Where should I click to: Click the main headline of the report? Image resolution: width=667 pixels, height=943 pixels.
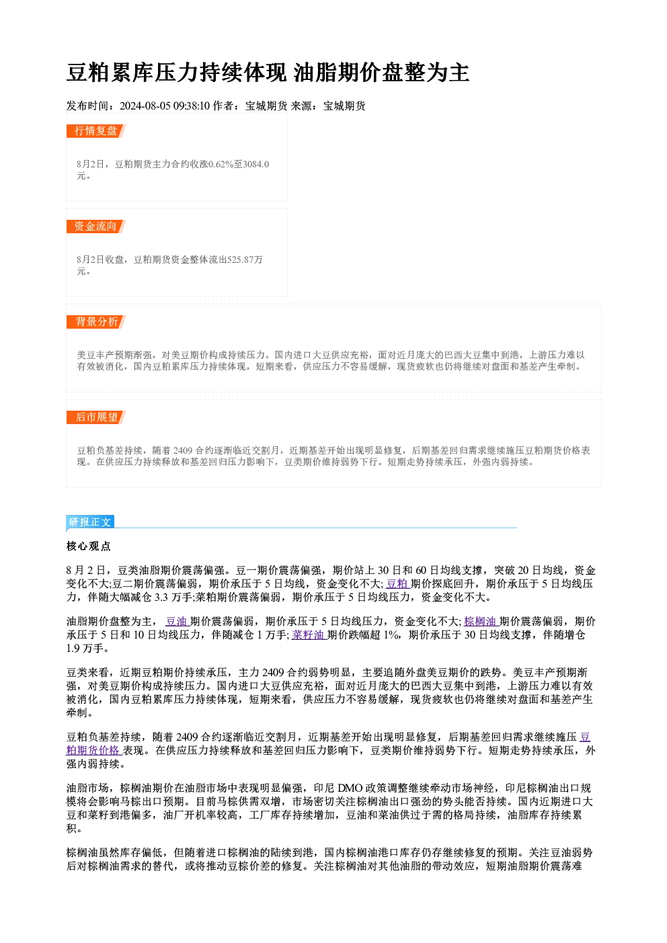[x=268, y=73]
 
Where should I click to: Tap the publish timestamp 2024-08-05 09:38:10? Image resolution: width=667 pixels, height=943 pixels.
[x=165, y=106]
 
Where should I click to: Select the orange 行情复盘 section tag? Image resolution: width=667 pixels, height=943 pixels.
[x=95, y=130]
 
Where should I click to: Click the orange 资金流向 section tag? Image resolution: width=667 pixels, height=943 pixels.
[x=95, y=226]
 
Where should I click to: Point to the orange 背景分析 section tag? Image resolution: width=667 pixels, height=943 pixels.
[x=95, y=322]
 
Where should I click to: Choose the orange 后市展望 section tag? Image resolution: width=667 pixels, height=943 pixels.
[x=95, y=417]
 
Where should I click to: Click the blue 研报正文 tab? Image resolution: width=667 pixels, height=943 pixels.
[x=90, y=522]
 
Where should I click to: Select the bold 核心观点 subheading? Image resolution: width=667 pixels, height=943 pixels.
[x=89, y=546]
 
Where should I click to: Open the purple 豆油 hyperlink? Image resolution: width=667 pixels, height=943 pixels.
[x=176, y=621]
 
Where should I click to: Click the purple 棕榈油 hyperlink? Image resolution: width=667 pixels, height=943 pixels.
[x=481, y=621]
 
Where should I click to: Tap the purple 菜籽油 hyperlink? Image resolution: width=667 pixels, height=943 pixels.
[x=308, y=635]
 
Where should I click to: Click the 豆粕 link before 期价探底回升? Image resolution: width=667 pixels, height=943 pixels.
[x=397, y=583]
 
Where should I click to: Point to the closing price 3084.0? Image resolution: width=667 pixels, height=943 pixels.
[x=256, y=164]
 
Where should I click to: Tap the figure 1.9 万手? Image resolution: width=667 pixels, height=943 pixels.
[x=85, y=649]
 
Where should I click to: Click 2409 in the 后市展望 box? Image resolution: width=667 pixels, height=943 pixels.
[x=182, y=451]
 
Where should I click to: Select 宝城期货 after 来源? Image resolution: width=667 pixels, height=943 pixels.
[x=344, y=106]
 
